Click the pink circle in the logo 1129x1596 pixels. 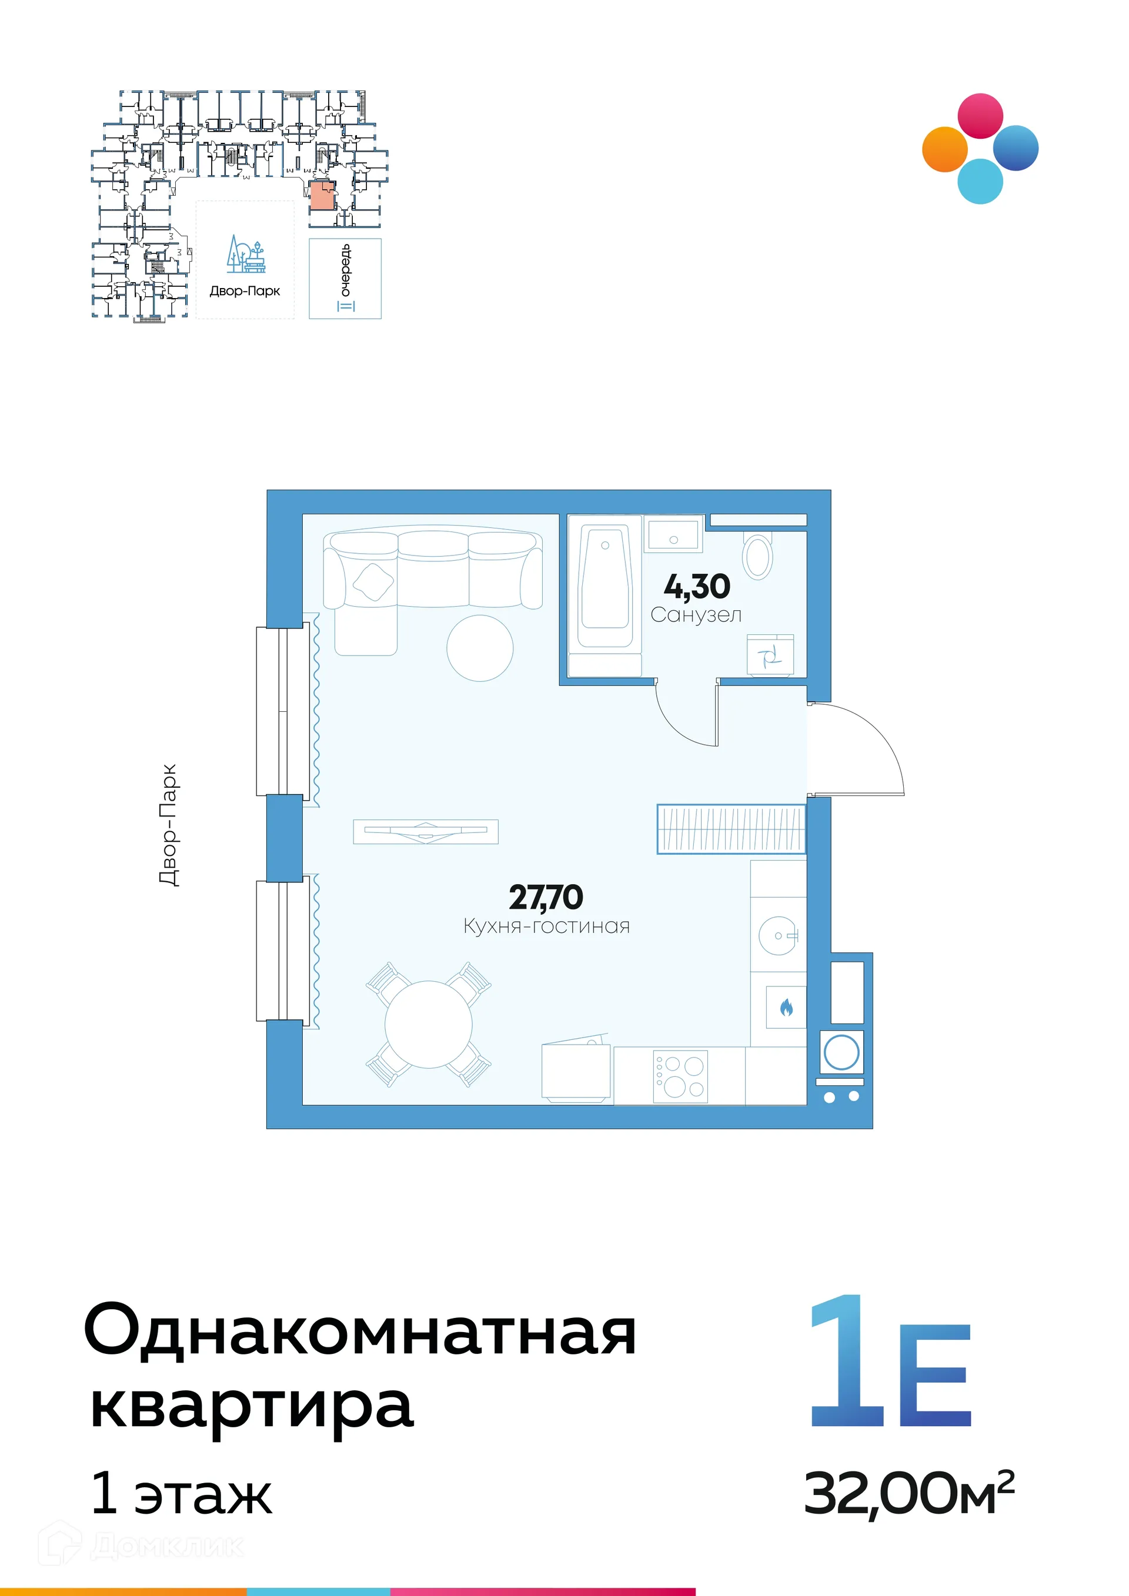(x=980, y=116)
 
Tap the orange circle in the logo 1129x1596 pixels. (x=944, y=149)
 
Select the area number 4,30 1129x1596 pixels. (x=697, y=587)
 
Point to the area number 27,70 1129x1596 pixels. (x=546, y=898)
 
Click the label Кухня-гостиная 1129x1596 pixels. (x=546, y=926)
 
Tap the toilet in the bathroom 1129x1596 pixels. (x=758, y=556)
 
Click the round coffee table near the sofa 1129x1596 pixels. (x=480, y=648)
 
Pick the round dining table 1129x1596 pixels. (x=428, y=1024)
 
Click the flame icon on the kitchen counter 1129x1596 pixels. (x=786, y=1007)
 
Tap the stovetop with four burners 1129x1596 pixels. (x=680, y=1076)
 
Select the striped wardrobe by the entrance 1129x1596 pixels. (x=731, y=829)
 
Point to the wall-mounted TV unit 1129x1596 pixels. (x=426, y=831)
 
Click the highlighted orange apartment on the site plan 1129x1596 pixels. (x=322, y=196)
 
